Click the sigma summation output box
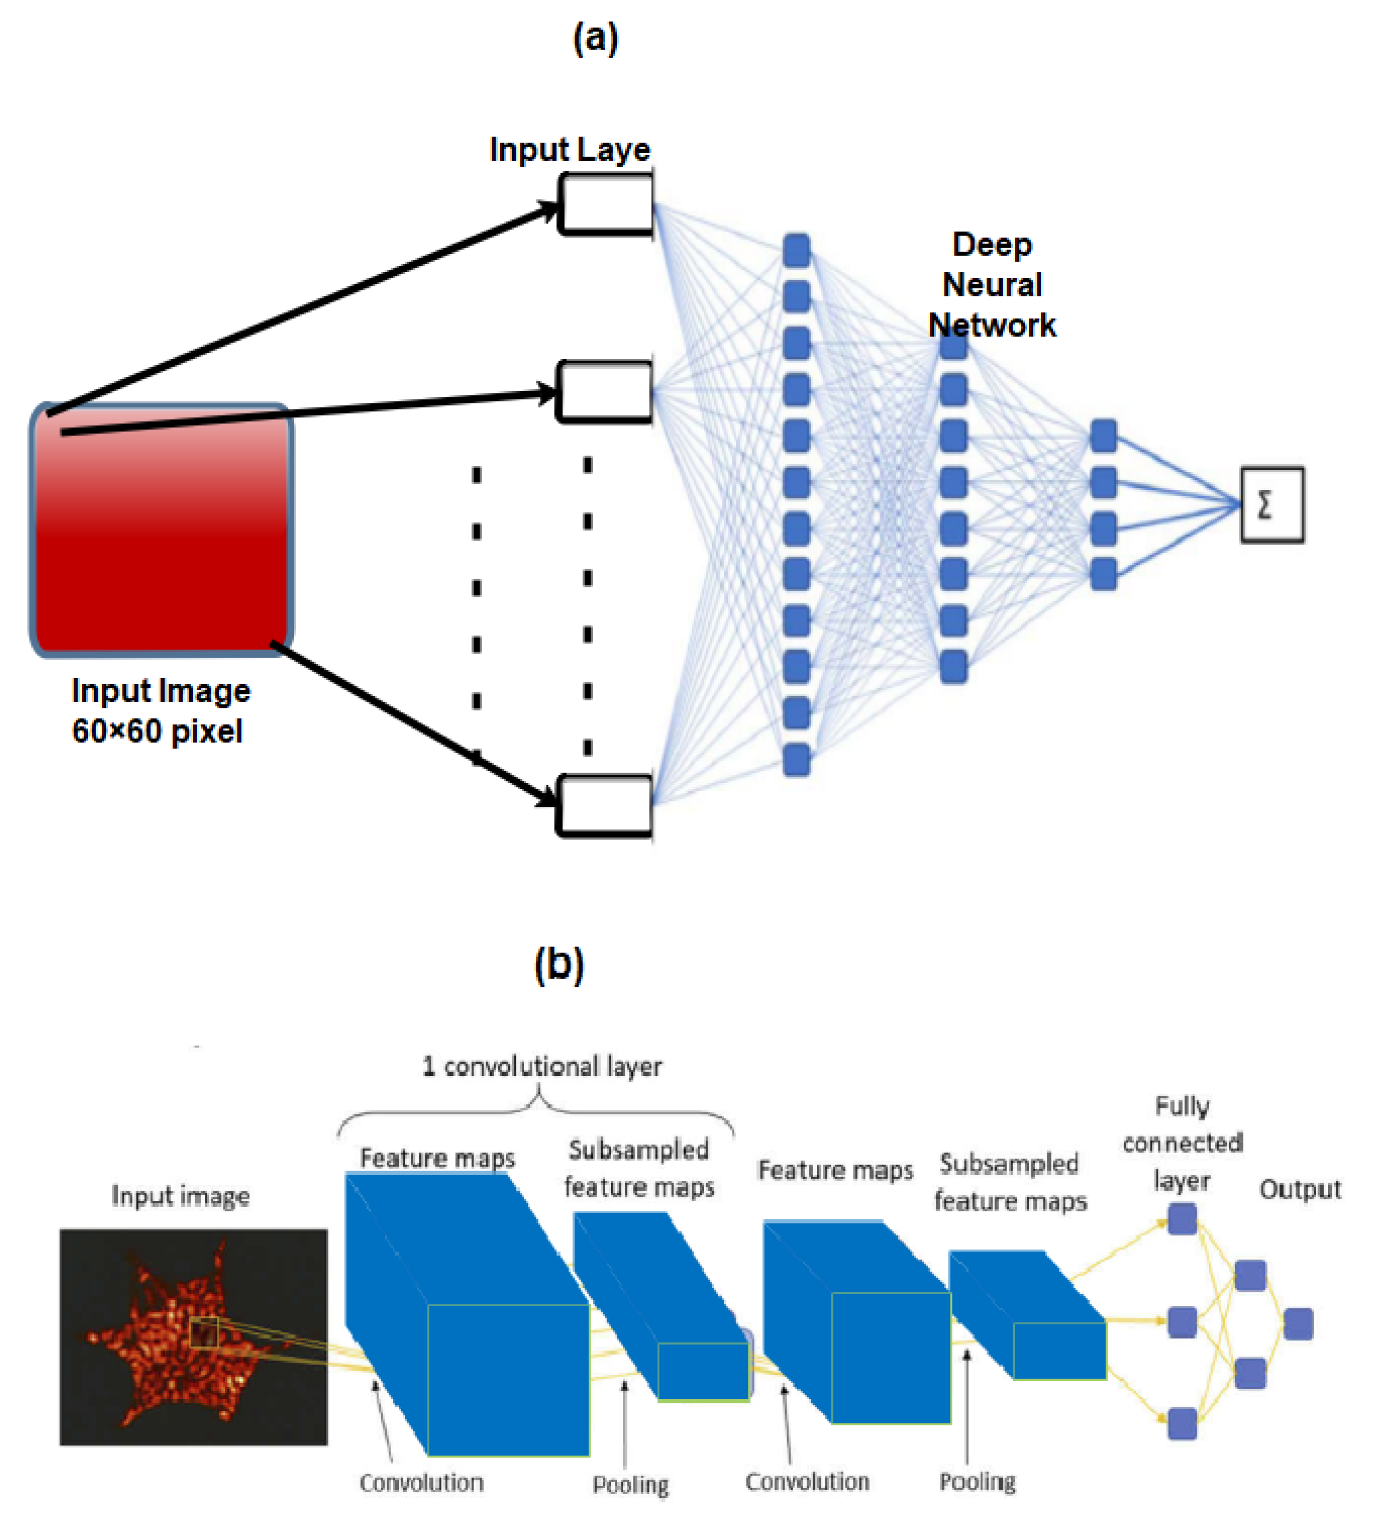[x=1271, y=504]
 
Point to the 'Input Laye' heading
[x=570, y=149]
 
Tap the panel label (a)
[x=595, y=38]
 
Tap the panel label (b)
[x=559, y=964]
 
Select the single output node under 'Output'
[x=1298, y=1324]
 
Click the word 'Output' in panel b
[x=1299, y=1189]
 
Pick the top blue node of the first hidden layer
[x=796, y=250]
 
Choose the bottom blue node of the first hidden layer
[x=796, y=759]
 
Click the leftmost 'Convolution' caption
[x=421, y=1482]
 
